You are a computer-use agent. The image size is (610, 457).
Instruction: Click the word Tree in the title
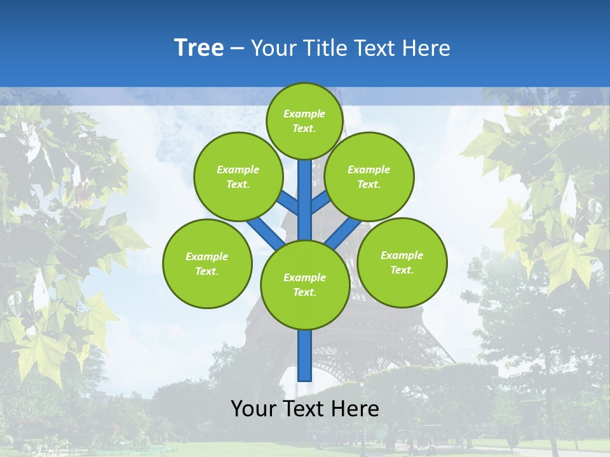tap(199, 48)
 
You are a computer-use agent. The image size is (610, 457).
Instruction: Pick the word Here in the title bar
tap(429, 48)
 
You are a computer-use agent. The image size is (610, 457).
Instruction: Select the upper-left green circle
tap(238, 176)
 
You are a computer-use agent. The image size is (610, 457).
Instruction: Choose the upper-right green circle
tap(369, 176)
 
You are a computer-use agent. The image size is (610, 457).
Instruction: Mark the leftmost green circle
tap(207, 263)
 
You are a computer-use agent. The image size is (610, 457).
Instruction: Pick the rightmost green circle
tap(402, 262)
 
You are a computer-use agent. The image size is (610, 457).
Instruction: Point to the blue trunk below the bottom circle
tap(305, 355)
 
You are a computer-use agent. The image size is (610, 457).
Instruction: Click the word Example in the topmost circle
tap(304, 114)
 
